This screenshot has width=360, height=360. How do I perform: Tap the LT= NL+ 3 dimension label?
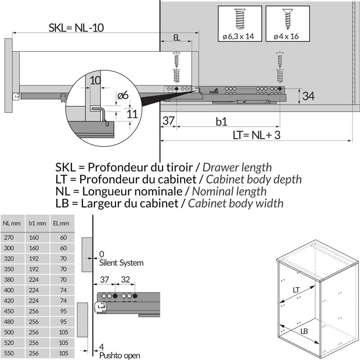[256, 135]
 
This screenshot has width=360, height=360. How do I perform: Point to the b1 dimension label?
[221, 121]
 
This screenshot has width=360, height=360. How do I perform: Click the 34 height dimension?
[308, 96]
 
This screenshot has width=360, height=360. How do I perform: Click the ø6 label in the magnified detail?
[122, 95]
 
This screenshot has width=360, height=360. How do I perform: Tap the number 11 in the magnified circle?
[132, 113]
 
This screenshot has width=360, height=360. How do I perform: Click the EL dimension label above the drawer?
[177, 38]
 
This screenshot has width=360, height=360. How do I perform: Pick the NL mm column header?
[12, 223]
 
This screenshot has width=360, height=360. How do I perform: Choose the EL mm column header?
[61, 223]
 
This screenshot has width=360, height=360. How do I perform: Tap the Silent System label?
[121, 263]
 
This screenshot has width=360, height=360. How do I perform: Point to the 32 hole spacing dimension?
[125, 279]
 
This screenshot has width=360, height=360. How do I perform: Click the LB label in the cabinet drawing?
[305, 331]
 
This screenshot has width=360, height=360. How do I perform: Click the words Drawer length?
[237, 167]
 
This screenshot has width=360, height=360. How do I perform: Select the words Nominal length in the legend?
[229, 191]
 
